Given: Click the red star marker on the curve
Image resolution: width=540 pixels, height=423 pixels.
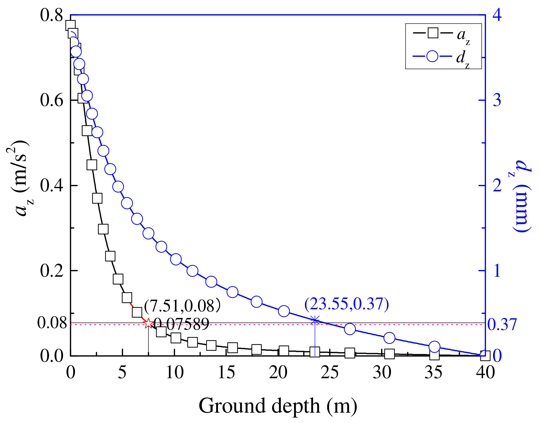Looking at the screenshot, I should point(148,323).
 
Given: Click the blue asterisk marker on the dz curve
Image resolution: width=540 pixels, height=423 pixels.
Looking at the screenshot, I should point(315,320).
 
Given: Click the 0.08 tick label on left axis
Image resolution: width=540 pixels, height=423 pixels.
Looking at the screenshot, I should point(52,323).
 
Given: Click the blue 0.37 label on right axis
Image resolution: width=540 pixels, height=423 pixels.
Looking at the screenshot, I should point(502,324).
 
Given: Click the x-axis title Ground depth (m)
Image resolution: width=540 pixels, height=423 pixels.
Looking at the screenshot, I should point(278,406).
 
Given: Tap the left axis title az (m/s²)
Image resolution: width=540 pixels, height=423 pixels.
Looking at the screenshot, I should point(20,178).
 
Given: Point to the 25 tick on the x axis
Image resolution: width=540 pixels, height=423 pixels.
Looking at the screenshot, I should point(330,372).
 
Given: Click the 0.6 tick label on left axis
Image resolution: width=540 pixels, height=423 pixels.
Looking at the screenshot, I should point(52,101).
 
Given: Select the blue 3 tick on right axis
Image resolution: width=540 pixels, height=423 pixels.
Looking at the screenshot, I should point(497,100).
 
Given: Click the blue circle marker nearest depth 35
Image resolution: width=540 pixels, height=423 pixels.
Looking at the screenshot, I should point(434,347).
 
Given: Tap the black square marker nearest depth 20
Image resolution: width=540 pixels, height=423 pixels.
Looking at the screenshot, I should point(284,351).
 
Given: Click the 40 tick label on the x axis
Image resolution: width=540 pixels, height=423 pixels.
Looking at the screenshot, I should point(485,372).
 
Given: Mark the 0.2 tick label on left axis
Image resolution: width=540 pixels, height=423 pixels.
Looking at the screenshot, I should point(52,271).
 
